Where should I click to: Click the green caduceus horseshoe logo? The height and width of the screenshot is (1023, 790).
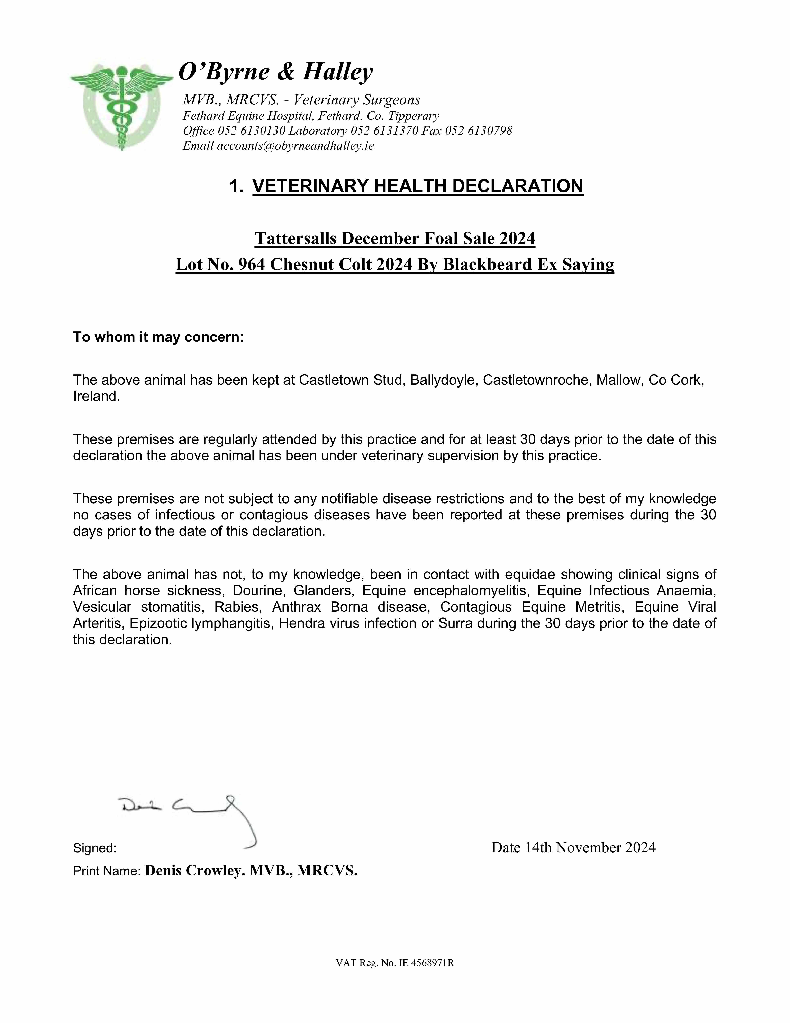click(121, 107)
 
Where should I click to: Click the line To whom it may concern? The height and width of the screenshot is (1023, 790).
click(158, 337)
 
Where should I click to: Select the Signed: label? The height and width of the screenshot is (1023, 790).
click(95, 848)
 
